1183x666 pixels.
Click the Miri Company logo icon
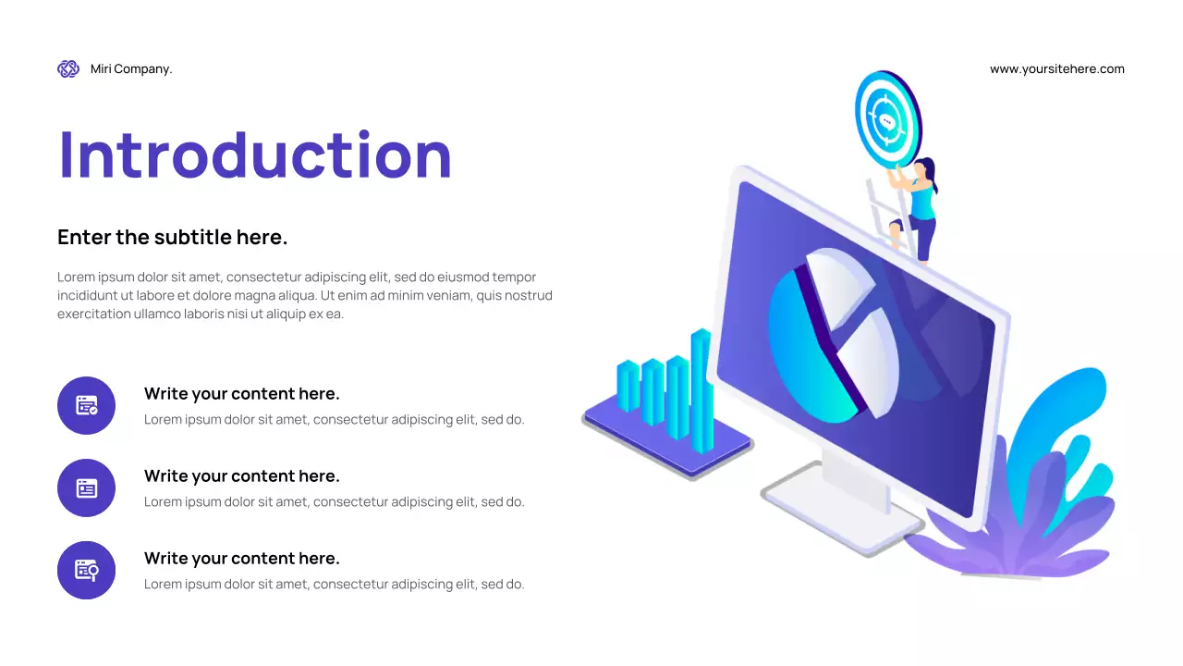click(x=68, y=68)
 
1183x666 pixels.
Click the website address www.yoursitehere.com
click(x=1056, y=68)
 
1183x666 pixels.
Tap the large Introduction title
click(x=255, y=154)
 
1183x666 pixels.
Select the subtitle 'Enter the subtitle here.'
click(x=173, y=237)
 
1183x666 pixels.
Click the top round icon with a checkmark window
click(x=86, y=405)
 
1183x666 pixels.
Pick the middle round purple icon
click(x=86, y=487)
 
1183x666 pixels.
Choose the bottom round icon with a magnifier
click(x=86, y=570)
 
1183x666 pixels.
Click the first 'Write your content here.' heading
click(x=242, y=393)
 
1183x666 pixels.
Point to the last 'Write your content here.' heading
click(x=242, y=558)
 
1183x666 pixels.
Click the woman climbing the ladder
click(x=920, y=208)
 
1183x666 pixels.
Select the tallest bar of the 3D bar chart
click(x=701, y=388)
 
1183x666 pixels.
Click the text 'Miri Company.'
click(x=131, y=68)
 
